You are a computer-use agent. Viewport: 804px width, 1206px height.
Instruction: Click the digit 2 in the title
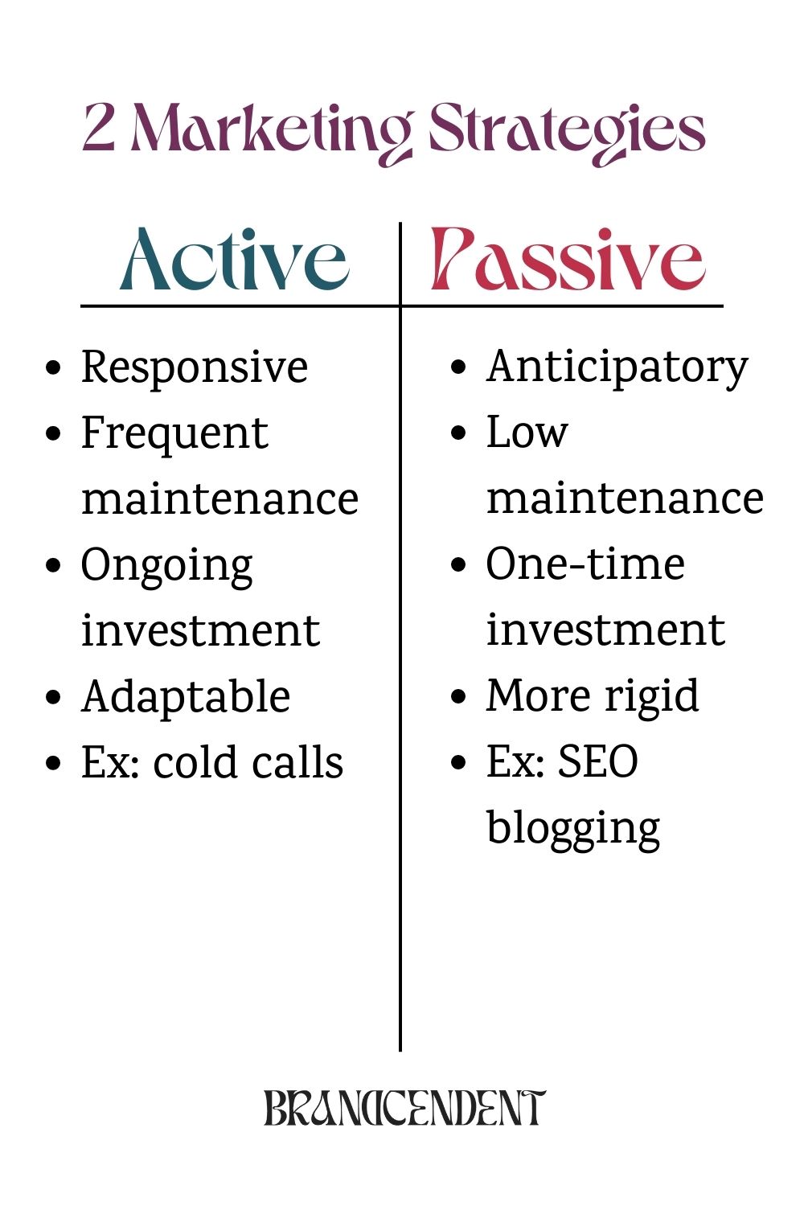point(98,129)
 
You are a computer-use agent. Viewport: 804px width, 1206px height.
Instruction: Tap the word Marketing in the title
point(271,131)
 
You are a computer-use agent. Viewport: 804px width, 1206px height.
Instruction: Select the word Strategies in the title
point(567,131)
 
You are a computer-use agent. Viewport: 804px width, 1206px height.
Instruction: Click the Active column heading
point(234,259)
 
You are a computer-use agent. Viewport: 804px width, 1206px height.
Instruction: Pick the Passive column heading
point(568,259)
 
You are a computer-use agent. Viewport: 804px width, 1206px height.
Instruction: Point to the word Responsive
point(194,367)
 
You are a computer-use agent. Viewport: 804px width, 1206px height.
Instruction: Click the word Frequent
point(174,434)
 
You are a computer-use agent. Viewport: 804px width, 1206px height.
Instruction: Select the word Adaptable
point(186,697)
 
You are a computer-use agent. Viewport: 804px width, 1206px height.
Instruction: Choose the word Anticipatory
point(617,367)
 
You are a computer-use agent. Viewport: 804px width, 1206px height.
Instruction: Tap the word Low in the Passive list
point(527,433)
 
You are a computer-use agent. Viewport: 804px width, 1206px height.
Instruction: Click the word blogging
point(573,828)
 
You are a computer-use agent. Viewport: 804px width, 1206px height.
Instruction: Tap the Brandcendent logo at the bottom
point(404,1108)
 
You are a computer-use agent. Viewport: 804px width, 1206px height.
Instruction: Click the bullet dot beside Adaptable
point(54,697)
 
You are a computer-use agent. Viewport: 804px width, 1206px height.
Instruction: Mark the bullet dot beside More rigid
point(459,696)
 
